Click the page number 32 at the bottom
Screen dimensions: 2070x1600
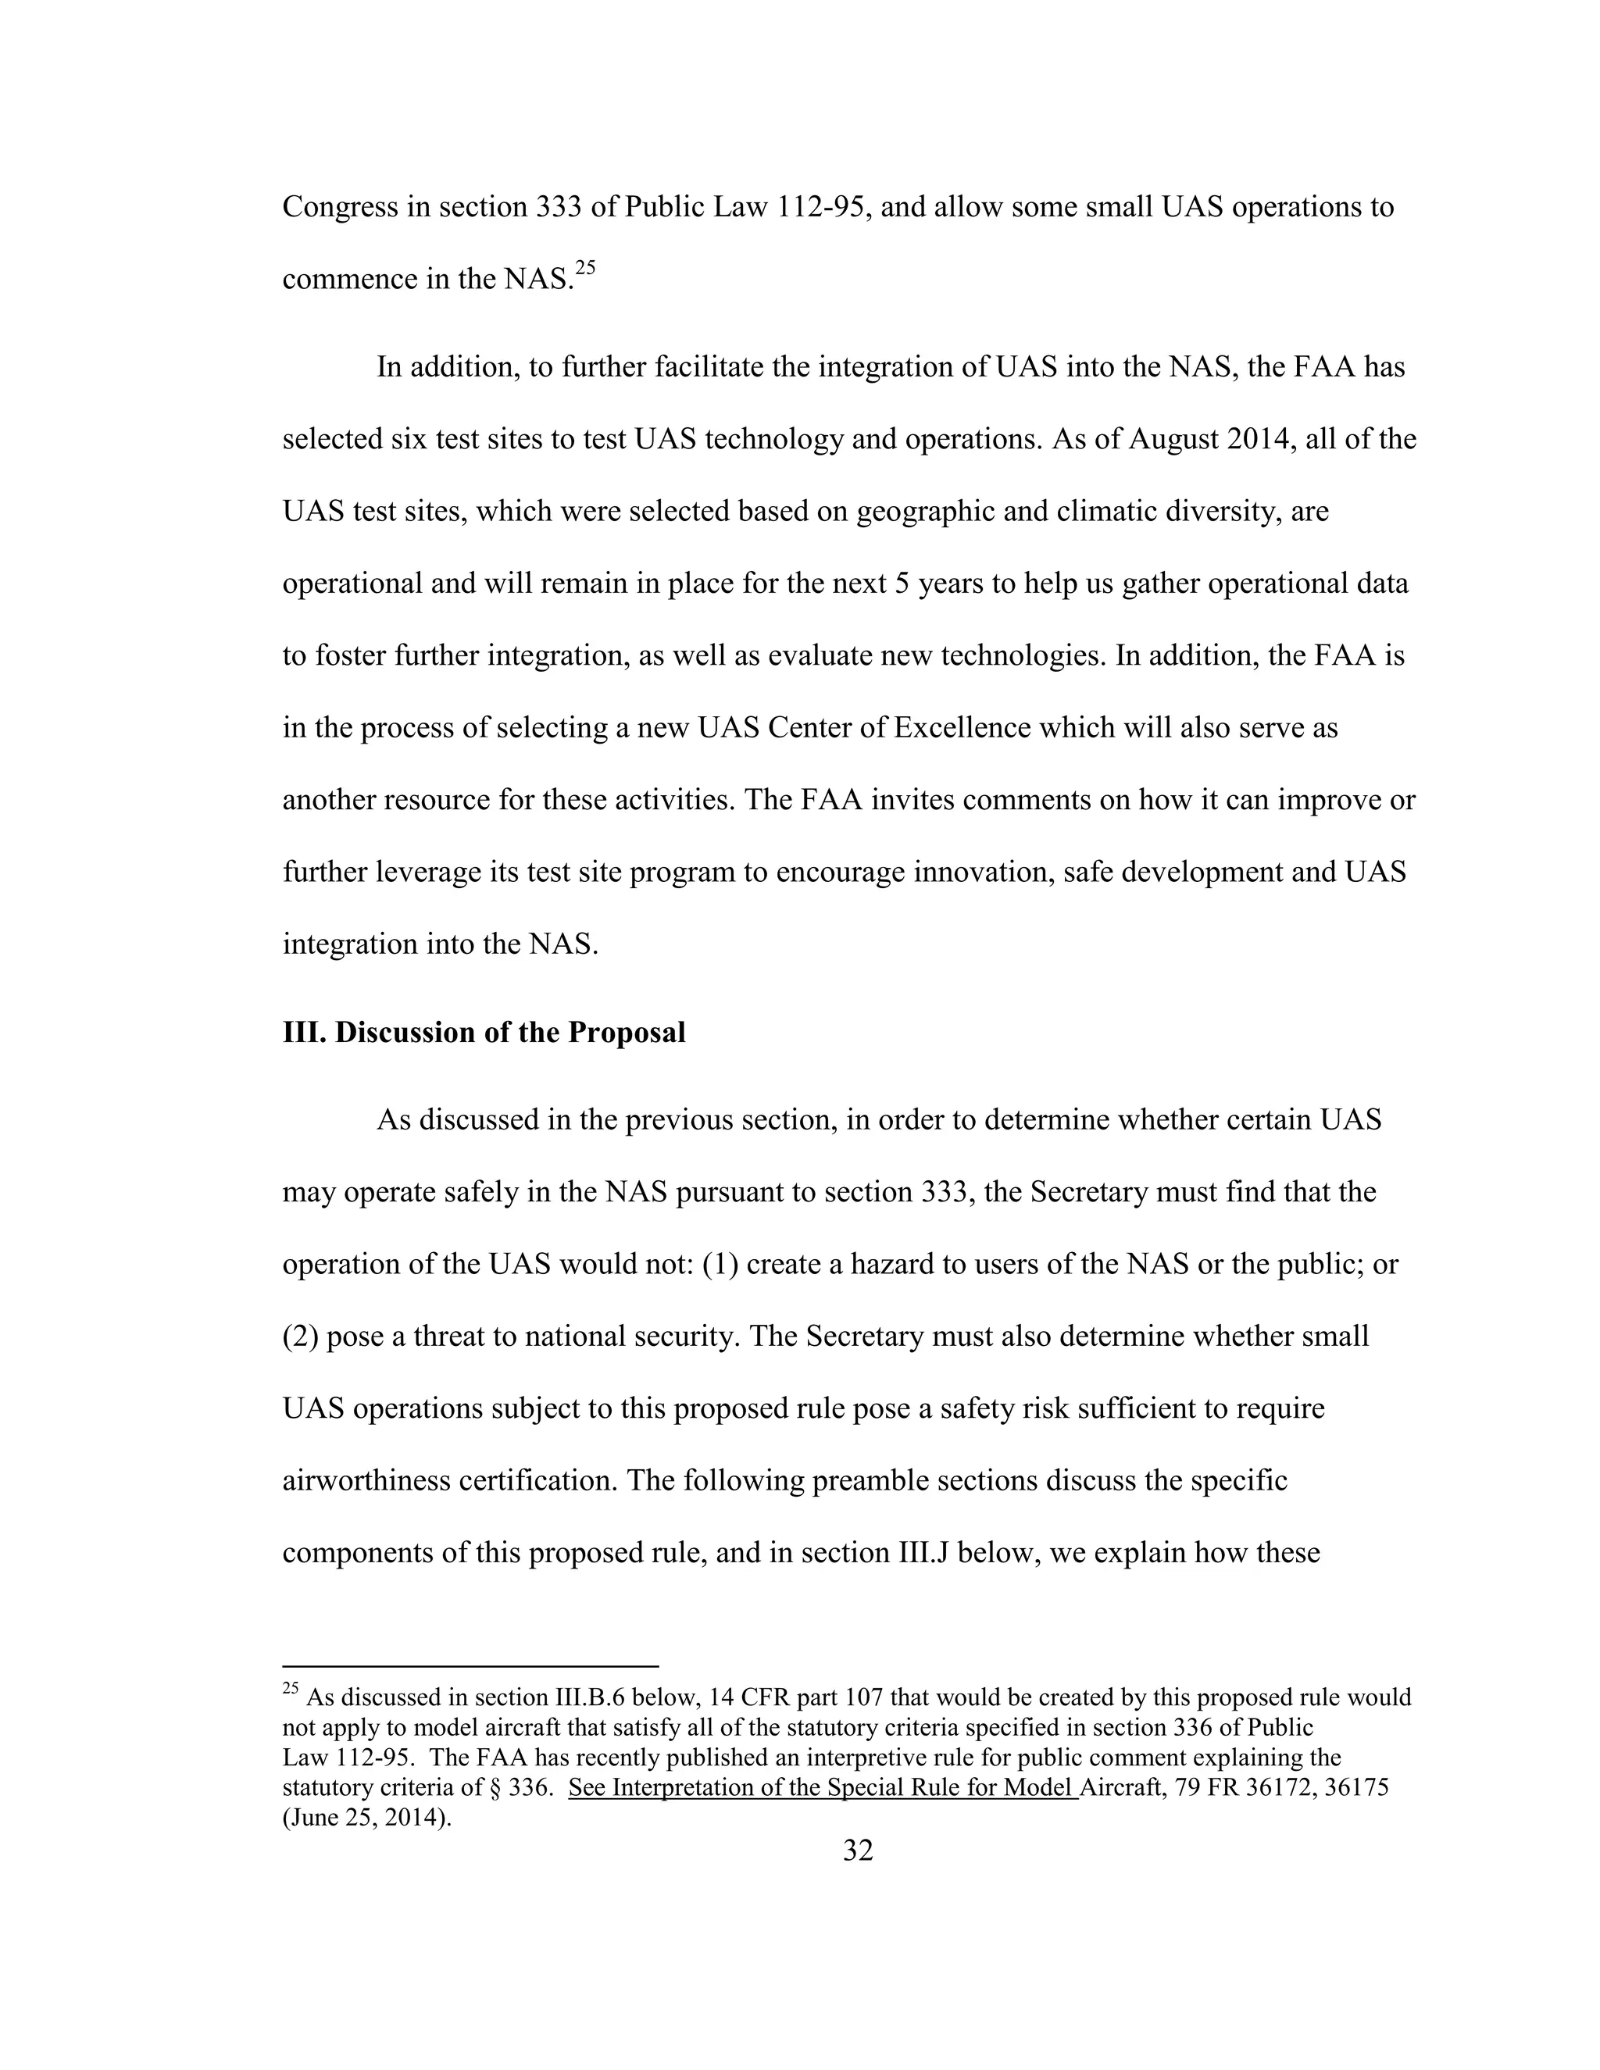[857, 1849]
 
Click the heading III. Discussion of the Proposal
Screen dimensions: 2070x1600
[484, 1032]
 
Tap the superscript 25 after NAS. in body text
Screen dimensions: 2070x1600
[585, 268]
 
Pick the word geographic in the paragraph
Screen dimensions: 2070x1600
[927, 512]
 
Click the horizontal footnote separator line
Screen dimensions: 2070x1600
[470, 1666]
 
